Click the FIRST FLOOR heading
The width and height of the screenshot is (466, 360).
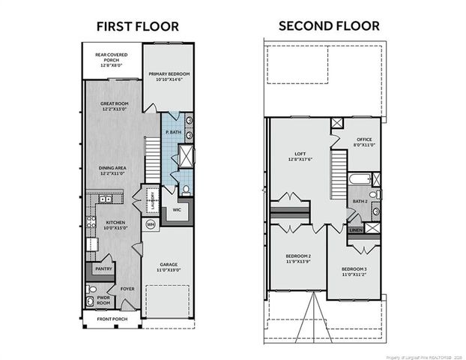137,26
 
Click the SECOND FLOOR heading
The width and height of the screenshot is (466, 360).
329,26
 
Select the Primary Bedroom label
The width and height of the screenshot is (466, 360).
169,76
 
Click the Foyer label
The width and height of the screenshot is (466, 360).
127,288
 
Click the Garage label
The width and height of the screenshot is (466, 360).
169,266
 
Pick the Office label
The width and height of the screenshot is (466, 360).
365,141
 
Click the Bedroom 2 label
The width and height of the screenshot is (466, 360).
298,259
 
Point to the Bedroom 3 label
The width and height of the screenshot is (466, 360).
354,271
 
